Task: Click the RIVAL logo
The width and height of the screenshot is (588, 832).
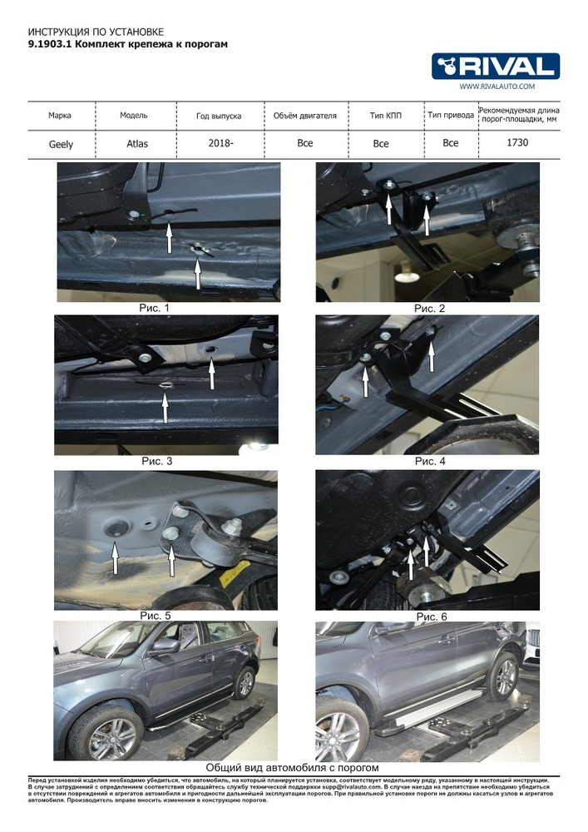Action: pos(495,67)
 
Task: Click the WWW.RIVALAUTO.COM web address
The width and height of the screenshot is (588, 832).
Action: pos(497,86)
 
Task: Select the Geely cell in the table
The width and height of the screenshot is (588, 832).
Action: pos(61,144)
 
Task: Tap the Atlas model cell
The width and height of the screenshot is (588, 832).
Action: pos(137,143)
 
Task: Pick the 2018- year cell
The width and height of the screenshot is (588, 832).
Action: pos(220,143)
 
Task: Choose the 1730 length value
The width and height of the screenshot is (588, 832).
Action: pos(517,142)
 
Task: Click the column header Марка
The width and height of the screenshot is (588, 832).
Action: pos(60,115)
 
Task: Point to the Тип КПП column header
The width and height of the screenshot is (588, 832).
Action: pos(385,115)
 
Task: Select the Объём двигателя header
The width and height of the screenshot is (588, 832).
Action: pos(305,115)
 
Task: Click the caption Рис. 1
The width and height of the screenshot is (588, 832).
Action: pos(155,308)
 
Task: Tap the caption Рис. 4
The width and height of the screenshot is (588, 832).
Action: pos(430,461)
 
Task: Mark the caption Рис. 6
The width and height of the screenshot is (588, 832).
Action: pos(432,617)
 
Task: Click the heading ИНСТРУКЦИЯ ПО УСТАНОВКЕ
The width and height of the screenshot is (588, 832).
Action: pos(96,32)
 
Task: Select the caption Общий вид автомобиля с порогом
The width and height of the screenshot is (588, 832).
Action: pos(292,767)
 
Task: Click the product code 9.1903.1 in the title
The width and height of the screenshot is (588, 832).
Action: pos(50,44)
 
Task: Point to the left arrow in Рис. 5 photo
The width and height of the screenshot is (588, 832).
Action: pos(115,557)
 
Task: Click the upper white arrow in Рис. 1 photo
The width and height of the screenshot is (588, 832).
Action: pos(169,237)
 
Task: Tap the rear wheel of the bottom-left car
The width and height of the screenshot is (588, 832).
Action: pos(245,682)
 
